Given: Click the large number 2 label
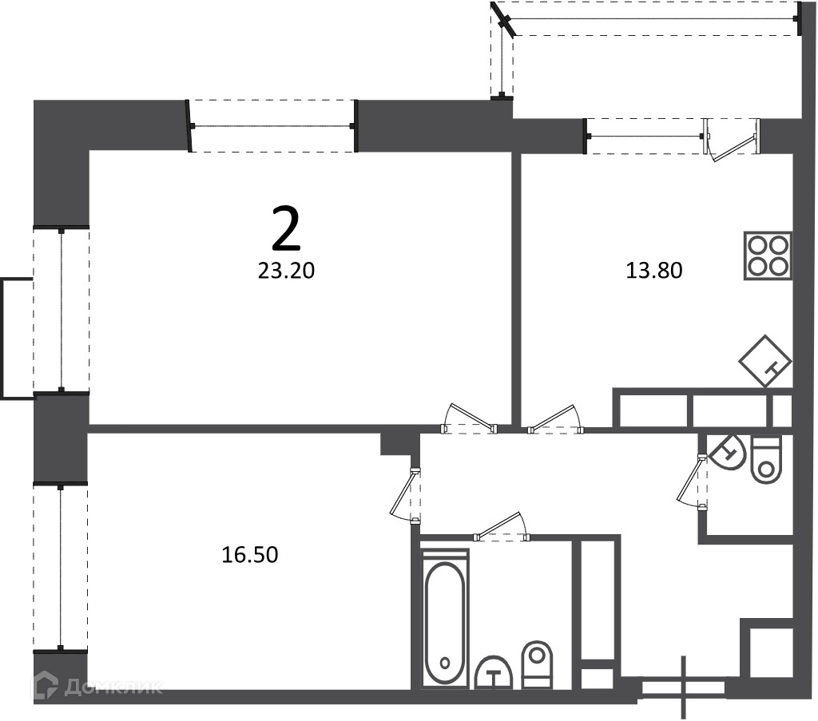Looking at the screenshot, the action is (287, 228).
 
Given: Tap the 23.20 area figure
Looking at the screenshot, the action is (287, 271).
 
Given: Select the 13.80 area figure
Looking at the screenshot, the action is (653, 271).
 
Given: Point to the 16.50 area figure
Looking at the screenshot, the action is (250, 555).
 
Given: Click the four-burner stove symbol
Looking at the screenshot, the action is (768, 256).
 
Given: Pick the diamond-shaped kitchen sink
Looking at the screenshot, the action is (766, 361).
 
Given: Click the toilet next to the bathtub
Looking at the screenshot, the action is (537, 664).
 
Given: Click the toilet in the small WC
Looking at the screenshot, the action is (766, 460).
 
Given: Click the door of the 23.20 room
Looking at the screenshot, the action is (468, 418).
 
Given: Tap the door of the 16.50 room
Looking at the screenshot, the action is (405, 495).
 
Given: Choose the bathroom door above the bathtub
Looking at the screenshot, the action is (502, 526).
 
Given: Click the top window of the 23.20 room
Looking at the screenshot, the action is (272, 126).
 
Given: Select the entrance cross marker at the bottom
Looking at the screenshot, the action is (683, 687).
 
